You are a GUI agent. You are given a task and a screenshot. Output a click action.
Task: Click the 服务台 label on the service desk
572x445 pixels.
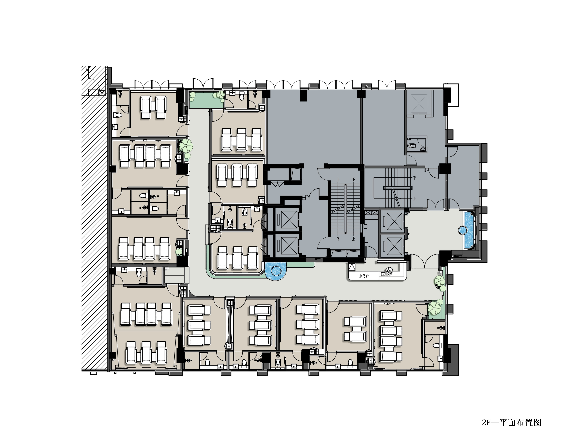364,276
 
